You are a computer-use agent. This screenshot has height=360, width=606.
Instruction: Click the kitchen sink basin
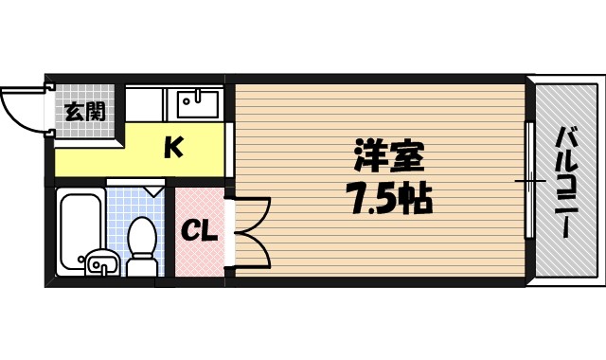[195, 101]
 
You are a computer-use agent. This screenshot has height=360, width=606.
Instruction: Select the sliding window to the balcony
[530, 179]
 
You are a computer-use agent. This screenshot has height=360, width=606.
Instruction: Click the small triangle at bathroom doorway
[151, 189]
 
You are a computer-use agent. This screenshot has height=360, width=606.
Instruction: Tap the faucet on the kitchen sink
[195, 95]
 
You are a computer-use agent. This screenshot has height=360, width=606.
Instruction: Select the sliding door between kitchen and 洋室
[230, 150]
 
